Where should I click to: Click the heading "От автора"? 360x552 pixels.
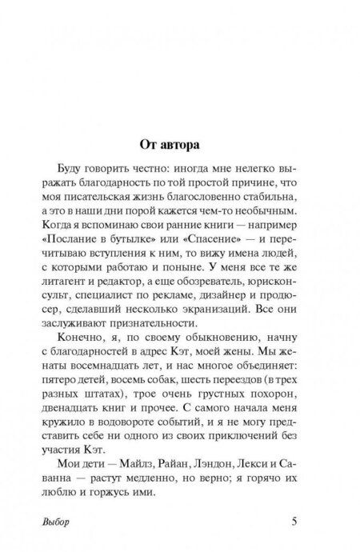[x=179, y=146]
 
